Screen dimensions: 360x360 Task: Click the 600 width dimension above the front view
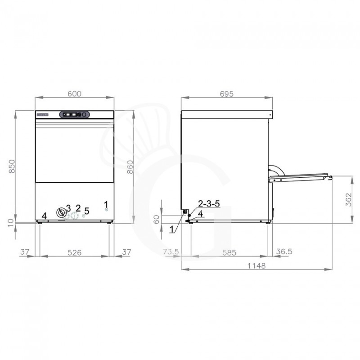[x=75, y=94]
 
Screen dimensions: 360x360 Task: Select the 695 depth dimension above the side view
[x=226, y=94]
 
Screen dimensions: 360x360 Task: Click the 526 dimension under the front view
[x=75, y=252]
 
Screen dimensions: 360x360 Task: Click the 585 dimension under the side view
[x=229, y=252]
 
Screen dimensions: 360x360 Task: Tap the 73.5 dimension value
[x=171, y=252]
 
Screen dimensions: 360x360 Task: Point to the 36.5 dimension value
[x=284, y=252]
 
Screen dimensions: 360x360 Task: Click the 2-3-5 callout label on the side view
[x=209, y=204]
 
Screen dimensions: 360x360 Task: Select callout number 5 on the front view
[x=87, y=210]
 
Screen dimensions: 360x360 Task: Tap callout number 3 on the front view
[x=68, y=207]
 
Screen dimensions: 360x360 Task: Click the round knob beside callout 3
[x=61, y=212]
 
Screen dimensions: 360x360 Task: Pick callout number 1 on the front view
[x=107, y=204]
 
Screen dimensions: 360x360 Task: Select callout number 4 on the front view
[x=44, y=216]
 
